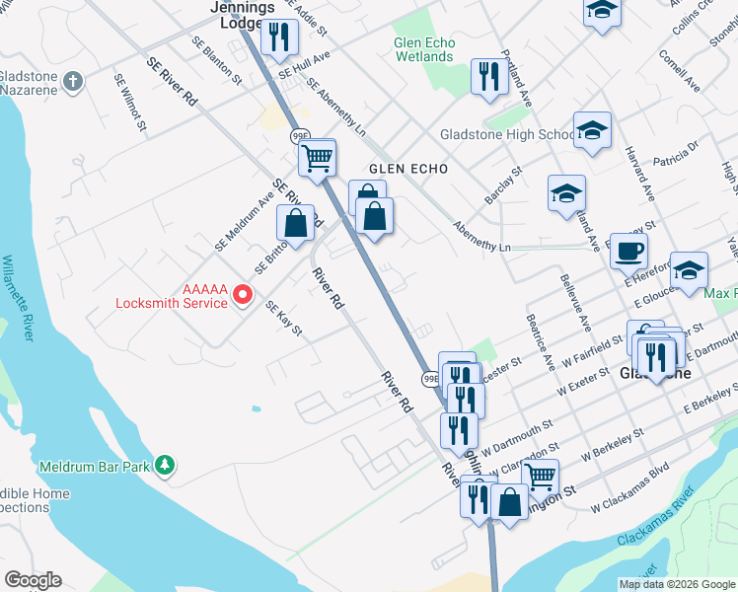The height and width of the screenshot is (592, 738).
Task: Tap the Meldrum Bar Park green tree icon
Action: [x=166, y=464]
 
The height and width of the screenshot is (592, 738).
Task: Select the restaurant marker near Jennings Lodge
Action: [x=279, y=37]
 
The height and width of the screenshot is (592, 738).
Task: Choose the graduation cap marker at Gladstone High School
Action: [x=592, y=130]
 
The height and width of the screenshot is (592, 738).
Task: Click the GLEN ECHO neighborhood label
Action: [x=408, y=169]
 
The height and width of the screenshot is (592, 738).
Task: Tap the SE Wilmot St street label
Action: [x=130, y=103]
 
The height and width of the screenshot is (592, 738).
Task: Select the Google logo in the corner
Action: [x=33, y=580]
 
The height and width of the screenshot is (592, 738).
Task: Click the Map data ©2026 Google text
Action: [x=677, y=584]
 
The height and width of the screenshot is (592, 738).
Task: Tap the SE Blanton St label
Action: [x=217, y=61]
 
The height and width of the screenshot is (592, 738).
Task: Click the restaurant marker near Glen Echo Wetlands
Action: [x=489, y=77]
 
